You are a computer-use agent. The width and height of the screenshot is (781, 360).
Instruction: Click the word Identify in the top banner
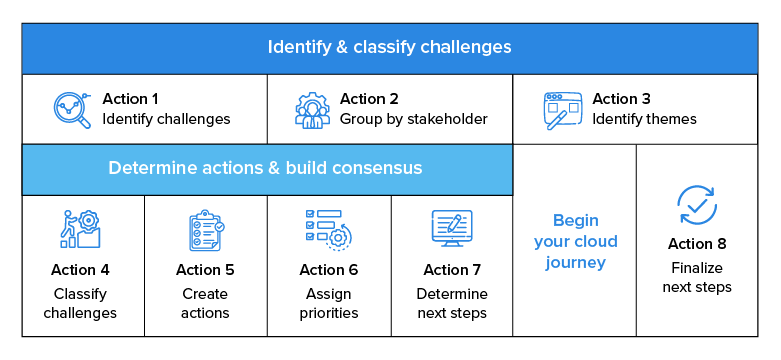294,47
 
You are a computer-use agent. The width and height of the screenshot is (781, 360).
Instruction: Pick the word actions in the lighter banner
231,168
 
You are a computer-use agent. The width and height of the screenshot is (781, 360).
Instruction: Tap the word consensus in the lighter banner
379,168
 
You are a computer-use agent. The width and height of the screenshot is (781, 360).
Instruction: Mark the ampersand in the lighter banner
273,168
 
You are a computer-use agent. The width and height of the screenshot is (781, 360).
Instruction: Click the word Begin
575,220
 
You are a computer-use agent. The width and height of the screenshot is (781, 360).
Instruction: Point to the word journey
575,264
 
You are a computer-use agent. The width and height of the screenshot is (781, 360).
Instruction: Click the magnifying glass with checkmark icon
72,110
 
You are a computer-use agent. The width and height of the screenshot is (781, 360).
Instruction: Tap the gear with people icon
312,110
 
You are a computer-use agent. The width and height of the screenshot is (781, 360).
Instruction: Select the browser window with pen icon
562,111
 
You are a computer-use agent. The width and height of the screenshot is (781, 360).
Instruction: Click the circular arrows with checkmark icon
697,205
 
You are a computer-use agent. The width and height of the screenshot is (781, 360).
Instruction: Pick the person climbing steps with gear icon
80,229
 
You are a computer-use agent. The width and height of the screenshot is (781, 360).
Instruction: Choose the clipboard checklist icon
206,230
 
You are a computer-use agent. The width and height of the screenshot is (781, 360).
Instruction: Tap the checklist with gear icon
328,230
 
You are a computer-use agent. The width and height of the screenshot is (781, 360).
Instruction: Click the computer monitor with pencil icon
451,228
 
